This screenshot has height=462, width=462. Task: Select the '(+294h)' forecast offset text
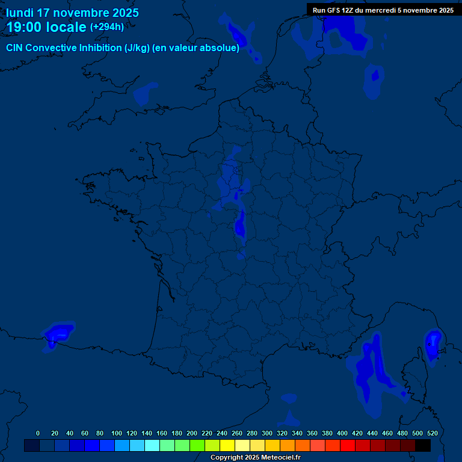[x=107, y=27]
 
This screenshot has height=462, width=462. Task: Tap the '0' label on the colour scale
[x=38, y=433]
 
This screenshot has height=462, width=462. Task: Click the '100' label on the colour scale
[x=117, y=433]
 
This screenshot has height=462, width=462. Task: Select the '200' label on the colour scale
[x=192, y=433]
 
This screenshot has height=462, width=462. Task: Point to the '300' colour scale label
[x=267, y=433]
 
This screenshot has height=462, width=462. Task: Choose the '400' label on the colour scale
[x=342, y=433]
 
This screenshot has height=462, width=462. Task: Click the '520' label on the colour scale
[x=432, y=433]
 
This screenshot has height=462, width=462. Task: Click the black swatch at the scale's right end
[x=423, y=445]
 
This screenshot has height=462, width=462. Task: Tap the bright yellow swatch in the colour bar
[x=227, y=445]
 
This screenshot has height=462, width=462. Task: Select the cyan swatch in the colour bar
[x=152, y=445]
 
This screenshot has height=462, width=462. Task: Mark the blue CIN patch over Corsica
[x=433, y=345]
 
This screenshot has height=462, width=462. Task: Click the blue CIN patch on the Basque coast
[x=58, y=333]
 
